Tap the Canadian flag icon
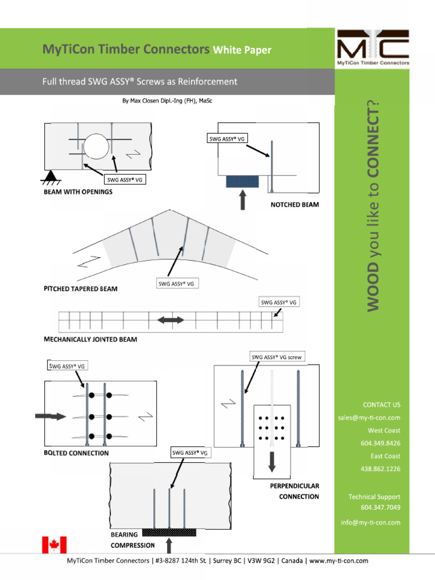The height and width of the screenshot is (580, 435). click(54, 545)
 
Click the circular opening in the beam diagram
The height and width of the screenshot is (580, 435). click(96, 147)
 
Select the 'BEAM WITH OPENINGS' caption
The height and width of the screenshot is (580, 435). click(78, 191)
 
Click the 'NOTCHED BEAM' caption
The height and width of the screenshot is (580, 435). click(295, 205)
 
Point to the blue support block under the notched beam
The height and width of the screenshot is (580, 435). click(242, 181)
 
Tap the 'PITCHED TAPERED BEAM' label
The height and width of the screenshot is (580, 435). click(80, 289)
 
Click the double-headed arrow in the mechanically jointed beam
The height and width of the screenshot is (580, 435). click(170, 320)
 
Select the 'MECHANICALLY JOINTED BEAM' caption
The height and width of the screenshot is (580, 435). click(90, 340)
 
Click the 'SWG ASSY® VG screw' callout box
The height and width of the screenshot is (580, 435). click(276, 357)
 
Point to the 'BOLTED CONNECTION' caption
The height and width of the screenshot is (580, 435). click(76, 453)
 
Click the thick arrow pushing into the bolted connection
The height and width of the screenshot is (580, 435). click(50, 416)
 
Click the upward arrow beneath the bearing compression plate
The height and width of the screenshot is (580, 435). click(169, 545)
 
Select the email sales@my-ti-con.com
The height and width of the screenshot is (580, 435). click(369, 417)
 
